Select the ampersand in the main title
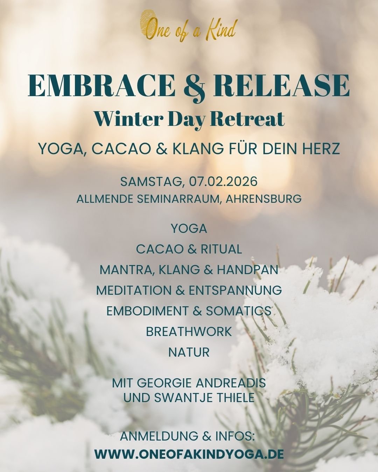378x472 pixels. [189, 86]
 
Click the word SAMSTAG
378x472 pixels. [151, 182]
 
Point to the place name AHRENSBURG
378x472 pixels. [264, 199]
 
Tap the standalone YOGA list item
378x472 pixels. [189, 229]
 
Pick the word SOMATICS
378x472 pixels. [238, 311]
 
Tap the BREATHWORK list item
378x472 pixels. [189, 331]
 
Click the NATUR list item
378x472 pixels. [189, 352]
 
